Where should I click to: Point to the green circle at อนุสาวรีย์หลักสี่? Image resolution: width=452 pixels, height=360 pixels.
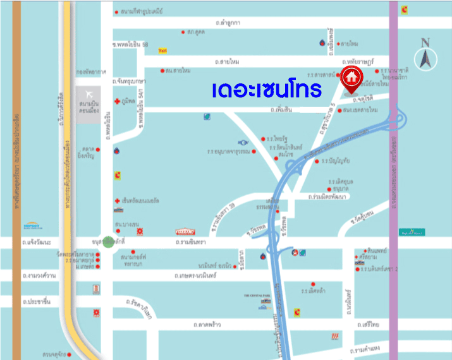point(109,242)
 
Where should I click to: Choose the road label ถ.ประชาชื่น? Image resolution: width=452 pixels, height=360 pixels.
point(35,303)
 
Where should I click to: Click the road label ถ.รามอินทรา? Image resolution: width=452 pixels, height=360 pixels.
point(195,242)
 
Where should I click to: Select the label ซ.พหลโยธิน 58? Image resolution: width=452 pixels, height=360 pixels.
point(130,44)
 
